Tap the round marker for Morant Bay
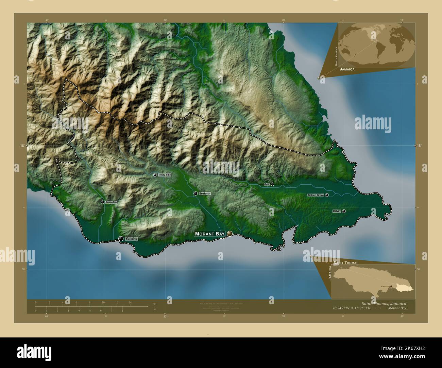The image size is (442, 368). [x=230, y=234]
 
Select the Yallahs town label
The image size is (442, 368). [x=131, y=239]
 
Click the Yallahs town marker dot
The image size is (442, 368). [x=121, y=239]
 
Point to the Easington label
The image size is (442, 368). [x=111, y=202]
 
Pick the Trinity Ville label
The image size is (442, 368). [x=165, y=175]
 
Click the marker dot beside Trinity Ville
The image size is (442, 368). [x=155, y=175]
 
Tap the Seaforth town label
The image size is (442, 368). [x=205, y=194]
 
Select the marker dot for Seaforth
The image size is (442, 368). [x=195, y=194]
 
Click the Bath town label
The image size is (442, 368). [x=267, y=184]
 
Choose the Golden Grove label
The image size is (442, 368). [x=316, y=195]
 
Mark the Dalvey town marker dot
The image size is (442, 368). [x=344, y=211]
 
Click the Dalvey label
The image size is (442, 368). [x=337, y=211]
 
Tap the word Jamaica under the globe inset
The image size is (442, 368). [x=347, y=69]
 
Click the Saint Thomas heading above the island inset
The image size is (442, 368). [x=346, y=263]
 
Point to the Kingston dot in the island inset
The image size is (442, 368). [x=391, y=286]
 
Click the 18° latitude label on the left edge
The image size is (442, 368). [x=22, y=146]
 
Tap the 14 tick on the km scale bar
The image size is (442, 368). [x=130, y=302]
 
